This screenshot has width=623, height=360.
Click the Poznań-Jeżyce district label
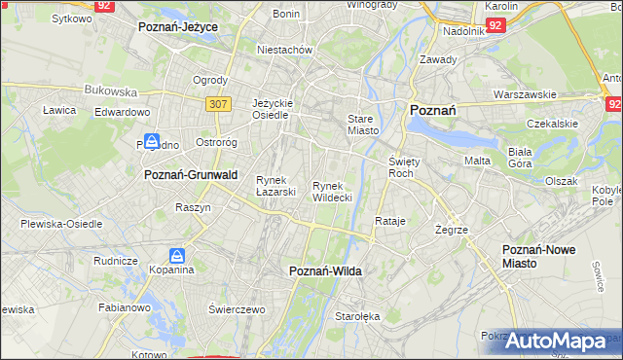[x=178, y=27]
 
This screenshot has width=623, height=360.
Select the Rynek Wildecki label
[x=332, y=192]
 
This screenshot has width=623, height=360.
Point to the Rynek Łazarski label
[x=275, y=186]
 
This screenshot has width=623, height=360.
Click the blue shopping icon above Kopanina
[x=177, y=256]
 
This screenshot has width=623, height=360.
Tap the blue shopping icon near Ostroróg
[x=153, y=142]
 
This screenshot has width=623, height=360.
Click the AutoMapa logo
[x=562, y=342]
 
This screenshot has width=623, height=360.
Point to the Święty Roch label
[x=402, y=166]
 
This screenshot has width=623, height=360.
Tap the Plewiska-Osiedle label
[x=61, y=224]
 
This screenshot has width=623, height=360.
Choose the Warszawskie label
[x=525, y=94]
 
